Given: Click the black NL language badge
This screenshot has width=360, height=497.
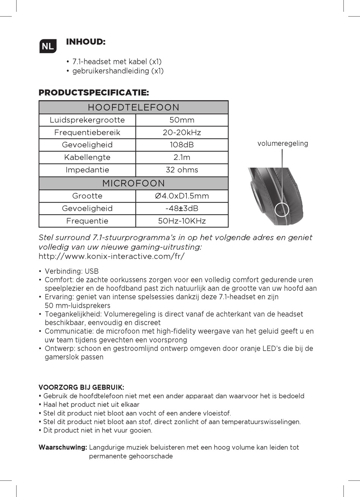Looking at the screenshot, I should (x=48, y=46).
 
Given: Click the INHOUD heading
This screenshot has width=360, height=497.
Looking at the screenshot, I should (x=86, y=42).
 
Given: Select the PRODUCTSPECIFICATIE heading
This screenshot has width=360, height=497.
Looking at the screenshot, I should (x=94, y=92).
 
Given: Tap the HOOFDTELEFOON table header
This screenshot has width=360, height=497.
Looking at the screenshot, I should (x=133, y=107).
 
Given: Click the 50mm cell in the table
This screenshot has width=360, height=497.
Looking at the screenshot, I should (x=182, y=120).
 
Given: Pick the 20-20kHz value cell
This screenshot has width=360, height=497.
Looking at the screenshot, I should (x=182, y=133).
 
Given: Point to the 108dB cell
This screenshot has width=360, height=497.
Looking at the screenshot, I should (x=182, y=145).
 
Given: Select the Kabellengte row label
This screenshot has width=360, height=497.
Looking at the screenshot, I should (x=87, y=157).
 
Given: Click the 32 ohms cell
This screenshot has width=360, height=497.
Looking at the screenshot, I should (x=182, y=170).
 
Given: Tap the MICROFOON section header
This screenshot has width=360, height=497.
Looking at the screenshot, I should (x=133, y=183).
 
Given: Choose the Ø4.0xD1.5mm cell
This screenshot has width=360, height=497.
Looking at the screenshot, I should (x=182, y=196).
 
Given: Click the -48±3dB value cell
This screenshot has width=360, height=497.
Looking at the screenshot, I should (x=182, y=208).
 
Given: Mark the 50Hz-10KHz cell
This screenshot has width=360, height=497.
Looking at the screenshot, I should (x=182, y=221).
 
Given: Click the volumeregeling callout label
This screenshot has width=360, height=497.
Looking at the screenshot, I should (x=283, y=144).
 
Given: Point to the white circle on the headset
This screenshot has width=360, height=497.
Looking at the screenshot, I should (x=282, y=209).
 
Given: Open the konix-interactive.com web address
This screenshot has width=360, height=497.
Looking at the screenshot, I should (x=111, y=256).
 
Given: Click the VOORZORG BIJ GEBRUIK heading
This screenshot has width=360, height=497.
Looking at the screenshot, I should (x=81, y=387).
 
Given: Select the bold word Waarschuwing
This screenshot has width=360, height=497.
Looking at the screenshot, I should (x=63, y=447).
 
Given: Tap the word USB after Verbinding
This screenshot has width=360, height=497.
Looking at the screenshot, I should (x=92, y=271).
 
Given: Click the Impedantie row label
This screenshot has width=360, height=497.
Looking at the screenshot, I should (x=87, y=170).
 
